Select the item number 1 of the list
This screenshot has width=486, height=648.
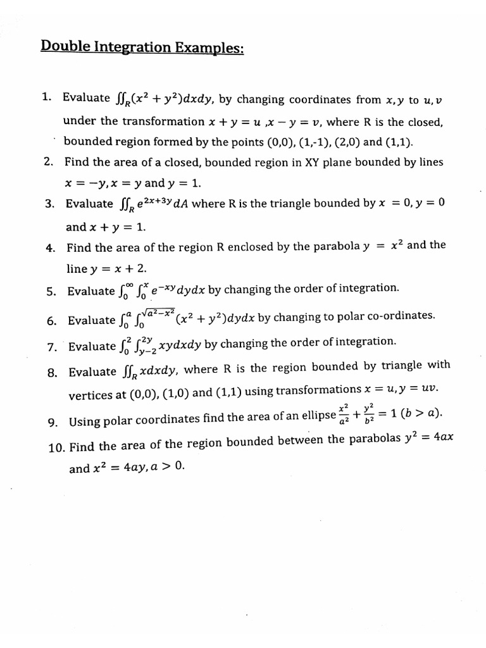(x=46, y=97)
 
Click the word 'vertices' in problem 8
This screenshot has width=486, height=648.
(x=92, y=394)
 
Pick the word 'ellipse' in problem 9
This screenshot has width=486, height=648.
(x=318, y=417)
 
